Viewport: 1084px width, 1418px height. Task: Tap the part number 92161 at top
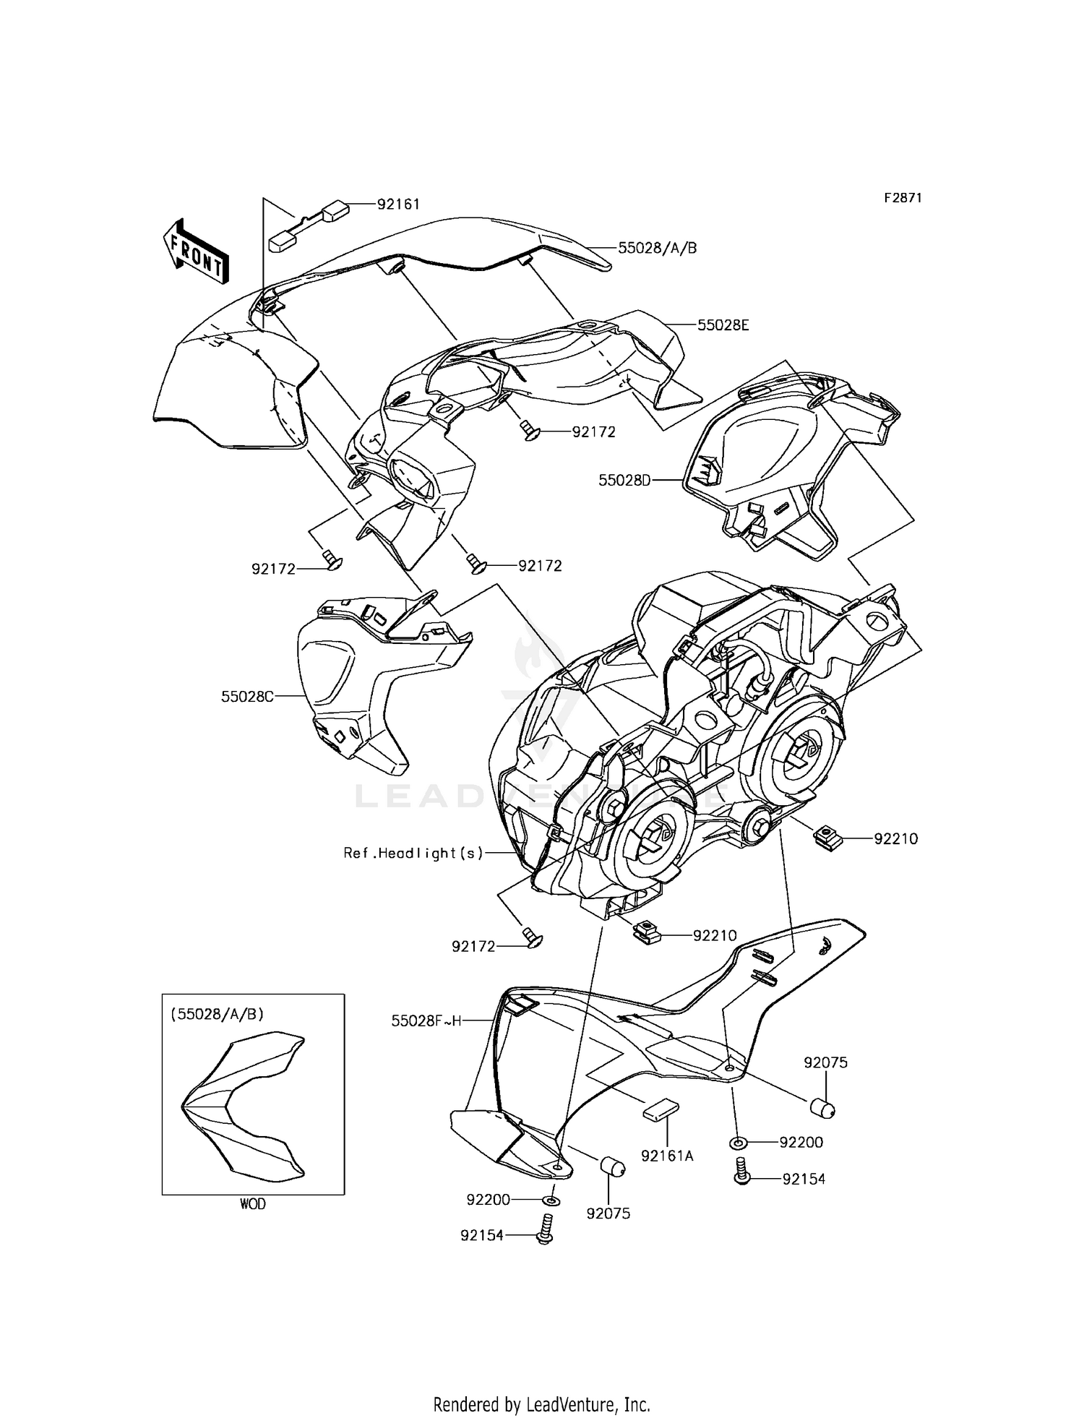pos(398,204)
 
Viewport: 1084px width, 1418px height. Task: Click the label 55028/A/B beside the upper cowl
pos(657,248)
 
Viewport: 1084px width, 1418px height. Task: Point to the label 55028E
pos(723,325)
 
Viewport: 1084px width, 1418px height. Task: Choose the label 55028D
pos(624,479)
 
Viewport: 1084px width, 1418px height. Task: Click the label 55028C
pos(247,697)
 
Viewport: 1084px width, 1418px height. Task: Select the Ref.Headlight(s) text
pos(413,853)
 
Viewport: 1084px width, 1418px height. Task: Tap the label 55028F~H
pos(426,1021)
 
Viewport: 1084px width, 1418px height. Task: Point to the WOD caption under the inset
pos(252,1204)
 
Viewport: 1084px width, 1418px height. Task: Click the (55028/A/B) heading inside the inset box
pos(217,1014)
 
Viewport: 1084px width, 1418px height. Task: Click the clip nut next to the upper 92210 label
pos(825,838)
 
